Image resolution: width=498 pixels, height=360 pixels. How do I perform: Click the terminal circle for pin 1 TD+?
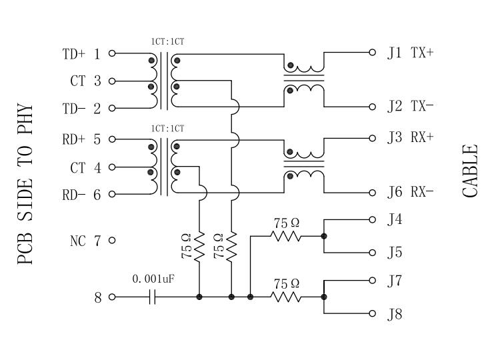pyautogui.click(x=112, y=53)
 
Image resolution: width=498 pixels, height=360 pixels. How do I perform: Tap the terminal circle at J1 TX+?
pyautogui.click(x=373, y=52)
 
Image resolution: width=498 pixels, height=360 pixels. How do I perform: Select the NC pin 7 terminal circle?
pyautogui.click(x=112, y=240)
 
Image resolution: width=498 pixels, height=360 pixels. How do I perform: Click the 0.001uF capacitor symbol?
pyautogui.click(x=153, y=297)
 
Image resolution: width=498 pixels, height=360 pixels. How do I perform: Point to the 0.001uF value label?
pyautogui.click(x=153, y=279)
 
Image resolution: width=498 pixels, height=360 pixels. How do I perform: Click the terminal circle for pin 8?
pyautogui.click(x=112, y=297)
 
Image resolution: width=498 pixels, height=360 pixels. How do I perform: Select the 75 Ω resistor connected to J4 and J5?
pyautogui.click(x=285, y=236)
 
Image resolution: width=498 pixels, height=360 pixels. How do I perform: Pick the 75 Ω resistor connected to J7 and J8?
pyautogui.click(x=285, y=297)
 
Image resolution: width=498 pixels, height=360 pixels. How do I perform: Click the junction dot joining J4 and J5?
pyautogui.click(x=324, y=236)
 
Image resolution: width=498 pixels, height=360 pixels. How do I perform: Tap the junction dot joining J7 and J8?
pyautogui.click(x=324, y=297)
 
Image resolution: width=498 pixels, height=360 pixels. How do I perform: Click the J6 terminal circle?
pyautogui.click(x=373, y=193)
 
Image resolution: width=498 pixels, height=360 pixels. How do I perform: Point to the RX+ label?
pyautogui.click(x=422, y=137)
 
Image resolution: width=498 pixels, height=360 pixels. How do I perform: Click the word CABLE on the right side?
pyautogui.click(x=470, y=171)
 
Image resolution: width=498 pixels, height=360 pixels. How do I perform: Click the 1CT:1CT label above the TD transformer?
pyautogui.click(x=167, y=41)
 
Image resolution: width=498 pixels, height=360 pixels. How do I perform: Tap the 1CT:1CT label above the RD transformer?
pyautogui.click(x=167, y=129)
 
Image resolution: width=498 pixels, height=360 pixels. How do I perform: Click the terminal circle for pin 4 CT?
pyautogui.click(x=112, y=167)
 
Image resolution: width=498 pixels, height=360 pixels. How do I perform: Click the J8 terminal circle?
pyautogui.click(x=373, y=313)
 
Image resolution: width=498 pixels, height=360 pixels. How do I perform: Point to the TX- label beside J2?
pyautogui.click(x=422, y=106)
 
